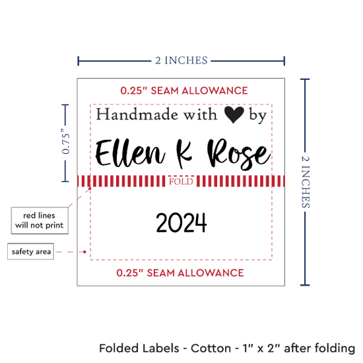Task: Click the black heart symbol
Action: click(234, 114)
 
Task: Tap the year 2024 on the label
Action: click(181, 223)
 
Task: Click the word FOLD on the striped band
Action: click(181, 181)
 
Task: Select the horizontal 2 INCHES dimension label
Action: click(181, 61)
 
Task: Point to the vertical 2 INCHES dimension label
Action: click(306, 182)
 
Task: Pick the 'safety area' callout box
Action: click(31, 251)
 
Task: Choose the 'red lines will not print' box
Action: click(40, 220)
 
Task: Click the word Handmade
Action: click(137, 114)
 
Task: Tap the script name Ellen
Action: click(130, 153)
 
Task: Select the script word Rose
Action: click(239, 154)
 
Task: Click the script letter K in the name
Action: click(184, 154)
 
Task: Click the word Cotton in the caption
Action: click(211, 348)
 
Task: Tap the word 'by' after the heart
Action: click(258, 115)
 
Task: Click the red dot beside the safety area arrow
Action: click(84, 251)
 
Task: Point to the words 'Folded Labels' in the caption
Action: click(139, 348)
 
